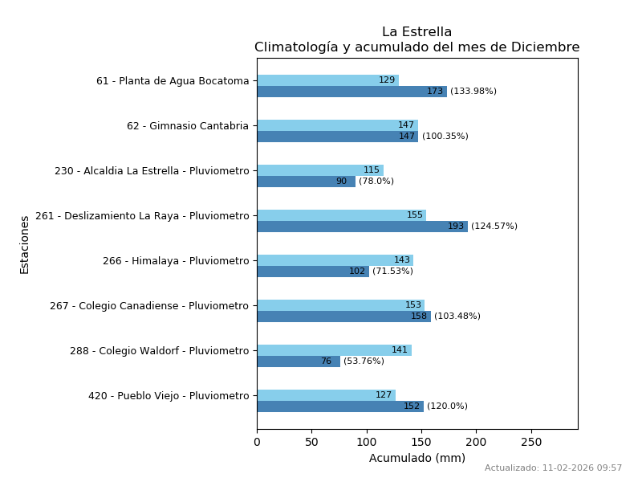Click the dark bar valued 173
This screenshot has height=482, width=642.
click(351, 92)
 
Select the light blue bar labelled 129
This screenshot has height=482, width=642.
click(327, 80)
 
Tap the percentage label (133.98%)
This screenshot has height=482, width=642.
click(473, 92)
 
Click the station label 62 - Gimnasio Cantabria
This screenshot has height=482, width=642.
click(188, 126)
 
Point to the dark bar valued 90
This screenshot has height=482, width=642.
click(306, 182)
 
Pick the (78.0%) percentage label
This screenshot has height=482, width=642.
click(376, 182)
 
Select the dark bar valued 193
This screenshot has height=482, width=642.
click(362, 227)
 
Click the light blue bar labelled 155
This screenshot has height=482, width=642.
click(341, 215)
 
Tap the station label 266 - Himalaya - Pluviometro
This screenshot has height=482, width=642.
click(176, 261)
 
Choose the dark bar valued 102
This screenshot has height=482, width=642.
click(313, 272)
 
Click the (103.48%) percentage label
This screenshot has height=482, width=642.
click(457, 317)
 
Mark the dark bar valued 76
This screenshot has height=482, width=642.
click(299, 361)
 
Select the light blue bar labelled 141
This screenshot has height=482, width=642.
click(334, 350)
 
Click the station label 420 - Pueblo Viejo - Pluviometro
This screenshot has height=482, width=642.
click(169, 396)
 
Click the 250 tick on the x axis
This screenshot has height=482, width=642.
click(531, 442)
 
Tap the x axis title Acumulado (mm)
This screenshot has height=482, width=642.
click(416, 458)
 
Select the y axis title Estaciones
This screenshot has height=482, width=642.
click(25, 244)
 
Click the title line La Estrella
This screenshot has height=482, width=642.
click(416, 32)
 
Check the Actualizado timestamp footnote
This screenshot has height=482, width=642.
click(553, 468)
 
